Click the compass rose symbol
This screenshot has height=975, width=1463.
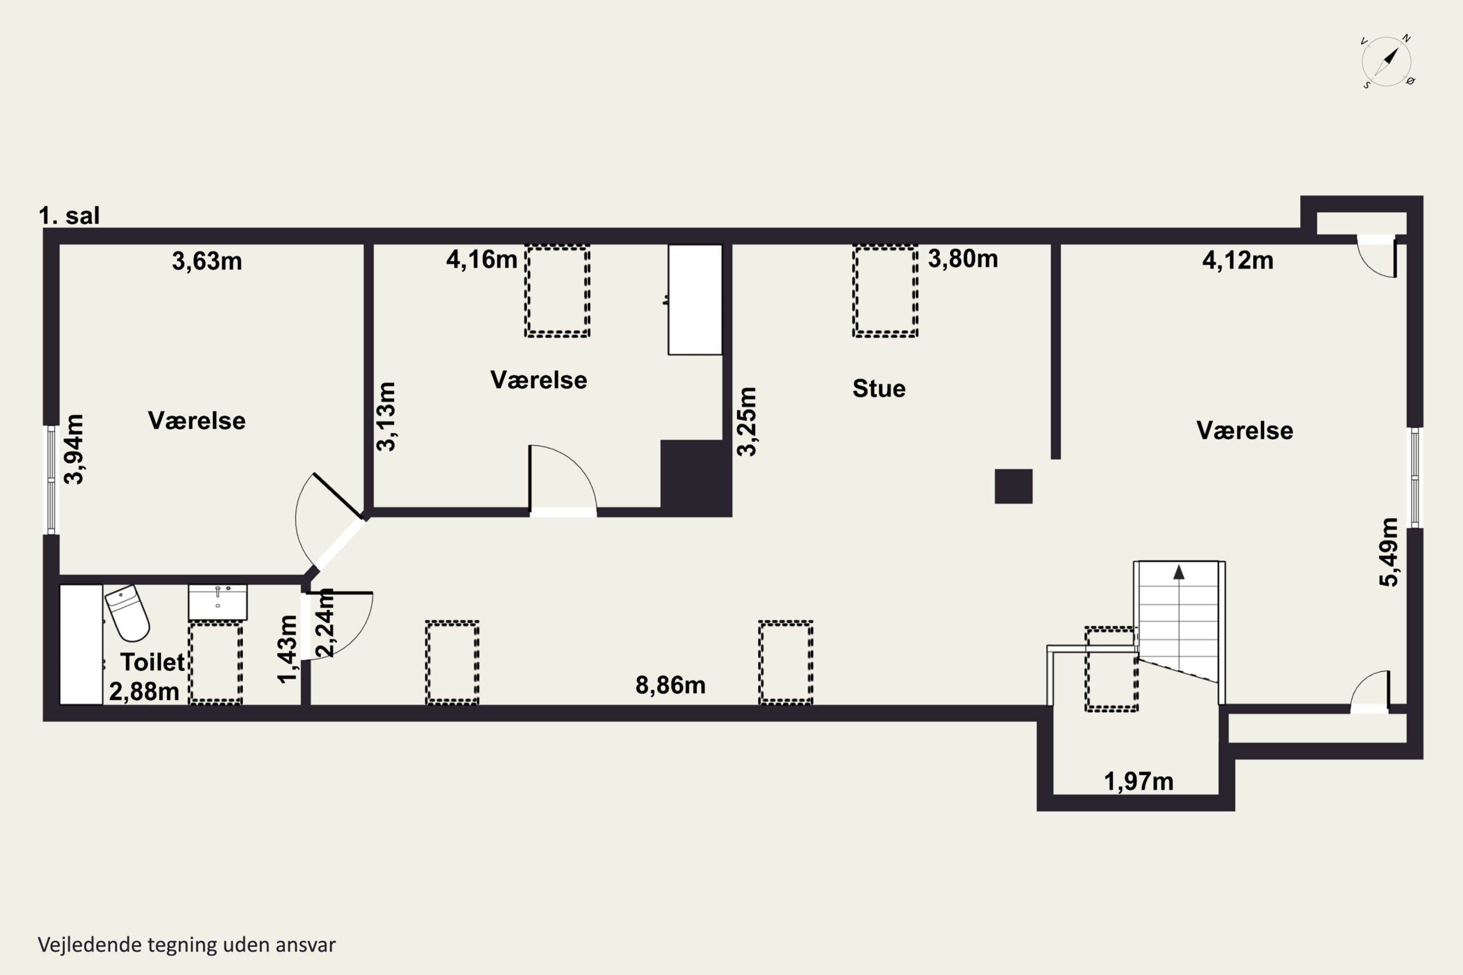[x=1386, y=61]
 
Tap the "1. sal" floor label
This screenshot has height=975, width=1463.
[x=69, y=216]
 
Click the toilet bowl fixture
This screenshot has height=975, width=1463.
[x=127, y=612]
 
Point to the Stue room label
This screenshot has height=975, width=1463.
[x=879, y=389]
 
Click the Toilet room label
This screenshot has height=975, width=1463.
[x=152, y=662]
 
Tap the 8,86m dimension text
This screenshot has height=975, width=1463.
[x=671, y=685]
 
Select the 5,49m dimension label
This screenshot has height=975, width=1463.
[x=1389, y=552]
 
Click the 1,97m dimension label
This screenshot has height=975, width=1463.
[x=1139, y=781]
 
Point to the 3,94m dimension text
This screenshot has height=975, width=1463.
[x=74, y=449]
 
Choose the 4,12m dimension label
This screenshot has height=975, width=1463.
[x=1238, y=260]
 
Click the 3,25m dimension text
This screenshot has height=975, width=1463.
[x=747, y=422]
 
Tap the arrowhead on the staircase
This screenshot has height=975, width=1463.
[x=1179, y=572]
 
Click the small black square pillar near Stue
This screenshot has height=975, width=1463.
[x=1013, y=486]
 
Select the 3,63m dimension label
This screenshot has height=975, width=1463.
[x=207, y=261]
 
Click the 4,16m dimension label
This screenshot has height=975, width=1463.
[x=481, y=259]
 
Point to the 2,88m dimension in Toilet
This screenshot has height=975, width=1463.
[x=144, y=691]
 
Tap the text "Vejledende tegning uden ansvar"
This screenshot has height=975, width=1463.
[x=187, y=945]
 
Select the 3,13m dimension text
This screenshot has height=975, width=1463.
[x=386, y=417]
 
